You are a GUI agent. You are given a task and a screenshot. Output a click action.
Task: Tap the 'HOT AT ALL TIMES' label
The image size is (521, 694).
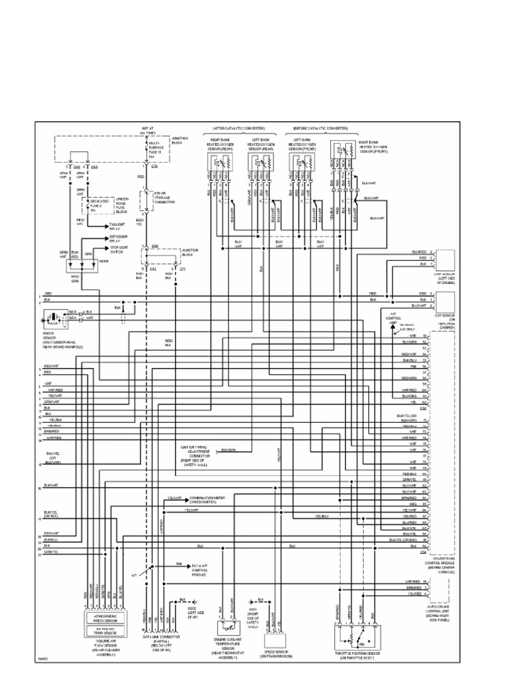[149, 130]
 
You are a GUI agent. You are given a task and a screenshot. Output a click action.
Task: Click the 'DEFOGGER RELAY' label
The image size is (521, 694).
[119, 239]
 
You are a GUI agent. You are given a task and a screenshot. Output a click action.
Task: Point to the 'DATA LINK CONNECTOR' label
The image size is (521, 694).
[161, 638]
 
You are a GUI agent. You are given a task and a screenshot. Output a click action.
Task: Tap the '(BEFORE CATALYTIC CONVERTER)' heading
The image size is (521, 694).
[320, 128]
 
